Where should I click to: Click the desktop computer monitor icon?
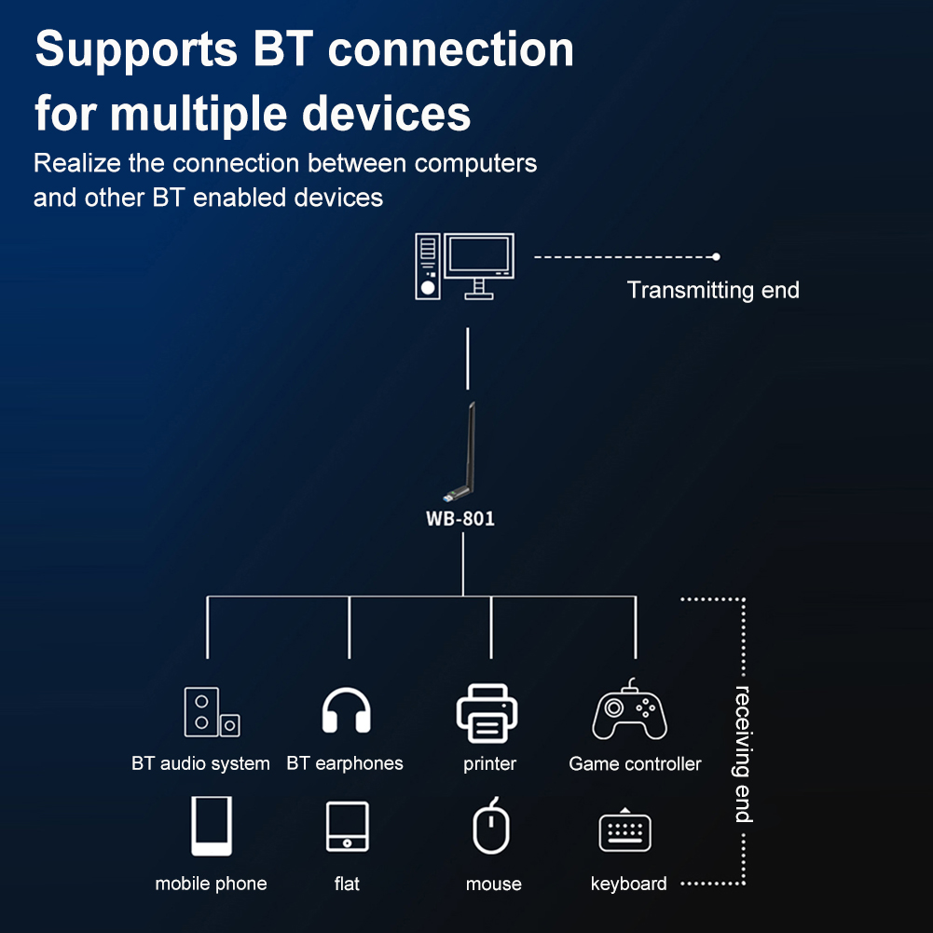[479, 263]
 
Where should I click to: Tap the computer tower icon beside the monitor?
[428, 266]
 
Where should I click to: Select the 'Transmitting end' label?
[713, 290]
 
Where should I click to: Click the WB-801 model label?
[460, 519]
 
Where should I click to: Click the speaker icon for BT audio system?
[211, 712]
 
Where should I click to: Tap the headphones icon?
[346, 711]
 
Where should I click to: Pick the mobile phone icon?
[211, 826]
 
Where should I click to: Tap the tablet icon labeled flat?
[347, 827]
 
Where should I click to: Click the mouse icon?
[491, 827]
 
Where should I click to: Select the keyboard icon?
[624, 830]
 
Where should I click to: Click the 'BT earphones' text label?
[345, 763]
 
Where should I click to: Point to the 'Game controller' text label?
[635, 764]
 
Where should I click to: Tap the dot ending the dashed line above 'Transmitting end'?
[716, 256]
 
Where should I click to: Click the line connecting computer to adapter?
[467, 358]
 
